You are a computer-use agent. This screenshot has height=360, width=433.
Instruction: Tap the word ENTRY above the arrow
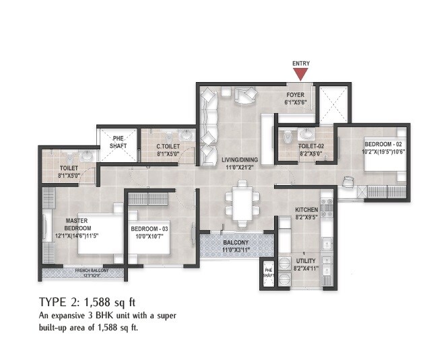click(x=301, y=64)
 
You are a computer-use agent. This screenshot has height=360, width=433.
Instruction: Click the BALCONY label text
click(x=232, y=242)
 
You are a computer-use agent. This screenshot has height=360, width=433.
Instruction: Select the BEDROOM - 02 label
click(x=383, y=144)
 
